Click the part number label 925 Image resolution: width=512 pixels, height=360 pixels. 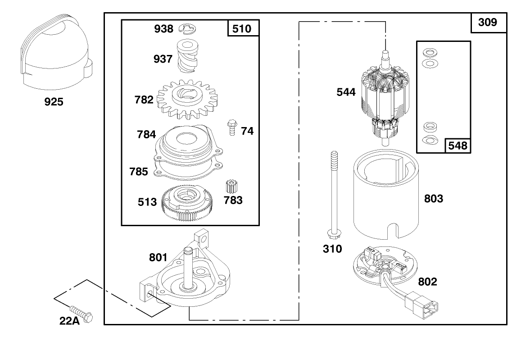pyautogui.click(x=54, y=102)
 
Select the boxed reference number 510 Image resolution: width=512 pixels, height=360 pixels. pyautogui.click(x=242, y=29)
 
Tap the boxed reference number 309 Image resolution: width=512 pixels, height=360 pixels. pyautogui.click(x=487, y=22)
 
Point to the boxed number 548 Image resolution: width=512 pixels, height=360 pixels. pyautogui.click(x=457, y=146)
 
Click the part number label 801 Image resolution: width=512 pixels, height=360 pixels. pyautogui.click(x=158, y=258)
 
